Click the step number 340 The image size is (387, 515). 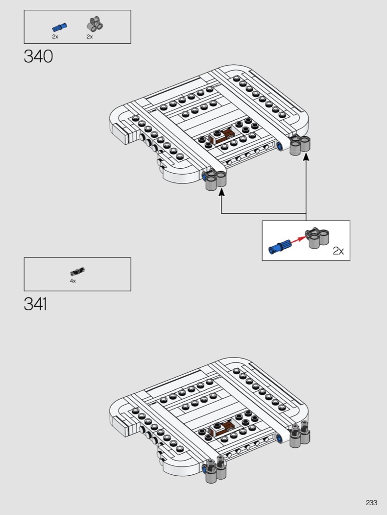[38, 56]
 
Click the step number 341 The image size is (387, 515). [35, 304]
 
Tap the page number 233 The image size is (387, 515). [371, 503]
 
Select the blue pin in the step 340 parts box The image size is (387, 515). [59, 27]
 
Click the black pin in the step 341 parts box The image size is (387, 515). [77, 272]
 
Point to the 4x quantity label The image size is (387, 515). [73, 281]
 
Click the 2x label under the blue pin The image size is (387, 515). [55, 37]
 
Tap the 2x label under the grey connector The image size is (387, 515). [90, 37]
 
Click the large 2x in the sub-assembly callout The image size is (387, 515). [339, 251]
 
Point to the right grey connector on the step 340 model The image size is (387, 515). [300, 145]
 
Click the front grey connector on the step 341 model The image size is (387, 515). [216, 470]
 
